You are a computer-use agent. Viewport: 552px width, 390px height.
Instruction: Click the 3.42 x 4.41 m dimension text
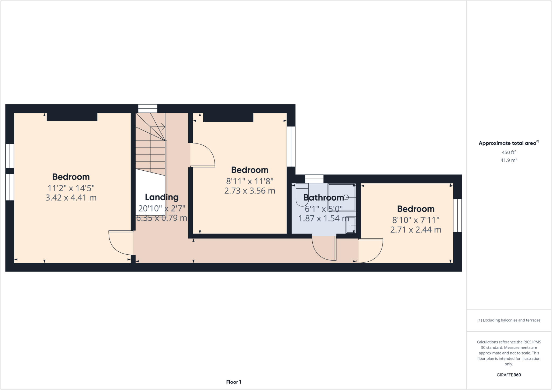[71, 198]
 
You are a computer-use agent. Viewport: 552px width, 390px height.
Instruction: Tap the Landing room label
[162, 197]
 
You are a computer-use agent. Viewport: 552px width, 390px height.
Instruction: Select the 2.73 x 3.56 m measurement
[250, 191]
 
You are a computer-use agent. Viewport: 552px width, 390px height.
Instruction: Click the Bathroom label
[323, 198]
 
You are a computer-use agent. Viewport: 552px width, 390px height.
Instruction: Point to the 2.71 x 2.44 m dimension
[416, 230]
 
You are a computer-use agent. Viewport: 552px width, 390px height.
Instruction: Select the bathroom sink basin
[351, 225]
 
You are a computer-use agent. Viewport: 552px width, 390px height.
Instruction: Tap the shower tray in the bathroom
[341, 197]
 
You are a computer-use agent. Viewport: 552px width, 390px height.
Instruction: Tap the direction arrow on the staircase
[163, 126]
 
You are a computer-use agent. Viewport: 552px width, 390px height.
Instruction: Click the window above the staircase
[148, 108]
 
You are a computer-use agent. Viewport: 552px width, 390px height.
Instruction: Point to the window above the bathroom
[314, 179]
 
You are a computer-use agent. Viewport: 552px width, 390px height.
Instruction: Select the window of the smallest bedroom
[457, 215]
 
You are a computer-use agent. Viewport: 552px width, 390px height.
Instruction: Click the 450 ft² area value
[509, 152]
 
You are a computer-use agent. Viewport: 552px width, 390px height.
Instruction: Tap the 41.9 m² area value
[509, 160]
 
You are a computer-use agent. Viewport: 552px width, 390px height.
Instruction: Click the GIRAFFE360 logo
[509, 375]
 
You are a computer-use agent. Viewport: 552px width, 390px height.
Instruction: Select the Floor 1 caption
[234, 382]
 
